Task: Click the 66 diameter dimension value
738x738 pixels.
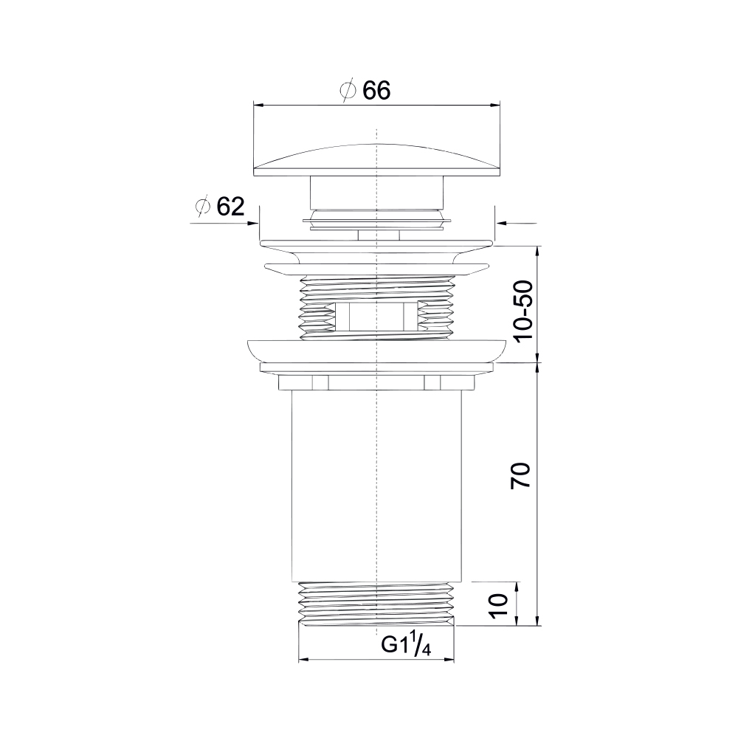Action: (376, 90)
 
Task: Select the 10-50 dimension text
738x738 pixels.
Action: (523, 311)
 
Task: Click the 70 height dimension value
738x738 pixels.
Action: (520, 475)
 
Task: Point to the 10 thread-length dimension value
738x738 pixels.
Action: (498, 605)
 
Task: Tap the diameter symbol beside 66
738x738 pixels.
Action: (348, 90)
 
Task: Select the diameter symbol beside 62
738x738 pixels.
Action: (202, 207)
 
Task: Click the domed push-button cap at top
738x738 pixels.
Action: (376, 160)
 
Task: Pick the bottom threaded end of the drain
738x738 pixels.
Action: (376, 604)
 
